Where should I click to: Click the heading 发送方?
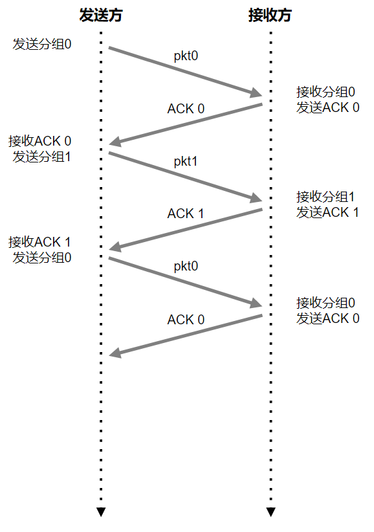coord(101,16)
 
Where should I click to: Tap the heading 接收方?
coord(270,16)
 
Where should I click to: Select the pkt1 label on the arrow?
coord(186,162)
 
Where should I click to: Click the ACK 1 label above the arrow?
coord(186,214)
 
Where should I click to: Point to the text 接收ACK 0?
coord(39,141)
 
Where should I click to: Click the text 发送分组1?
coord(41,157)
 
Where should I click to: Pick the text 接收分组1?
coord(325,197)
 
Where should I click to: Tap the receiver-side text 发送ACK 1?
coord(327,212)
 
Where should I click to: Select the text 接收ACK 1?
coord(39,242)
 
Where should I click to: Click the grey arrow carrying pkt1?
coord(185,177)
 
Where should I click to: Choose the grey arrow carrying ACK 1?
coord(186,230)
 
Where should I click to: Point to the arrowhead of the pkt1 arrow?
coord(256,197)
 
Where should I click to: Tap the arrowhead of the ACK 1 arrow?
coord(115,247)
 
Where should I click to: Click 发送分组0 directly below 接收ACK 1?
coord(41,258)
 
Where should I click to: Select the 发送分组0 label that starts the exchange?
coord(41,44)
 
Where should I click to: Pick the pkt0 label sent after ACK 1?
coord(186,267)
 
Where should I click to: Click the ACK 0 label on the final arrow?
coord(186,320)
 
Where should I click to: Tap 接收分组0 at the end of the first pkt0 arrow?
coord(325,92)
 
